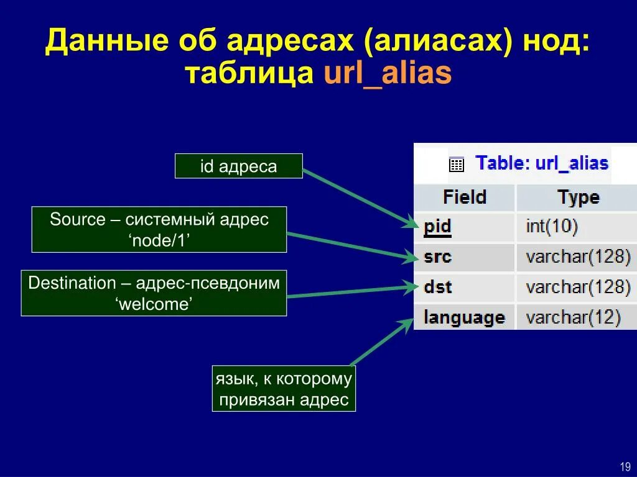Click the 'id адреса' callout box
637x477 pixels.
pyautogui.click(x=238, y=166)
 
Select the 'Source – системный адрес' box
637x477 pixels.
pyautogui.click(x=159, y=230)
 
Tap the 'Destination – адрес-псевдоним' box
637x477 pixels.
pyautogui.click(x=154, y=293)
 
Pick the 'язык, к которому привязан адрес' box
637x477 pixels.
pyautogui.click(x=284, y=389)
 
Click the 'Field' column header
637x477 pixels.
pyautogui.click(x=464, y=198)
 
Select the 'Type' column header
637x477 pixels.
pyautogui.click(x=578, y=198)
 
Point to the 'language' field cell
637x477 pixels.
pyautogui.click(x=464, y=317)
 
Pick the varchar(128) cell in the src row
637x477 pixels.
pyautogui.click(x=578, y=257)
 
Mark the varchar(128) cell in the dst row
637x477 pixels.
pyautogui.click(x=578, y=287)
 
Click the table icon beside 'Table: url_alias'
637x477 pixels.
pyautogui.click(x=457, y=165)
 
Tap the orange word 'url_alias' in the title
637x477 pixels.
pyautogui.click(x=387, y=73)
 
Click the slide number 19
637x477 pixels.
pyautogui.click(x=625, y=466)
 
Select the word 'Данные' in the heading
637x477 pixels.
pyautogui.click(x=106, y=41)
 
